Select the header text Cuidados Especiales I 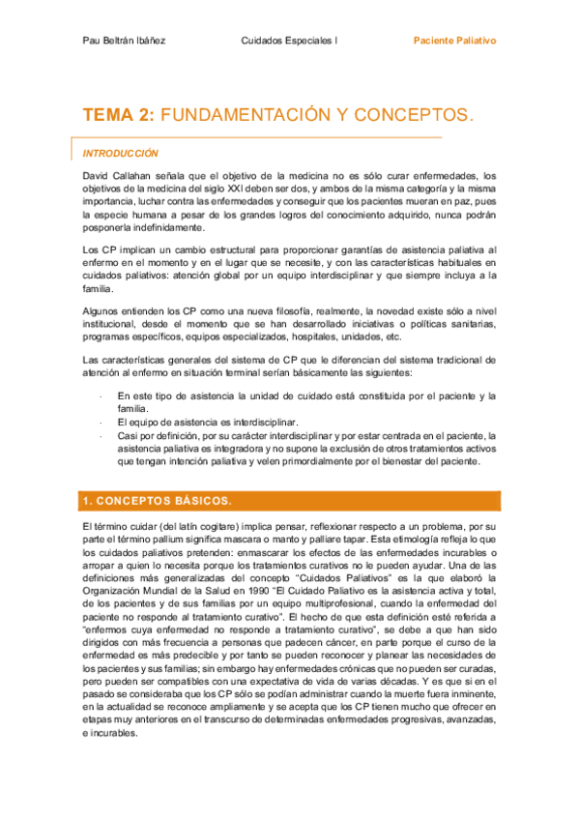pyautogui.click(x=289, y=42)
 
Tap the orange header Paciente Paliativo pyautogui.click(x=454, y=42)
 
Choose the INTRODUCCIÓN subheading pyautogui.click(x=120, y=153)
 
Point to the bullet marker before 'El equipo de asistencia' pyautogui.click(x=101, y=423)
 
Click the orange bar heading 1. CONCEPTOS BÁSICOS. pyautogui.click(x=156, y=500)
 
